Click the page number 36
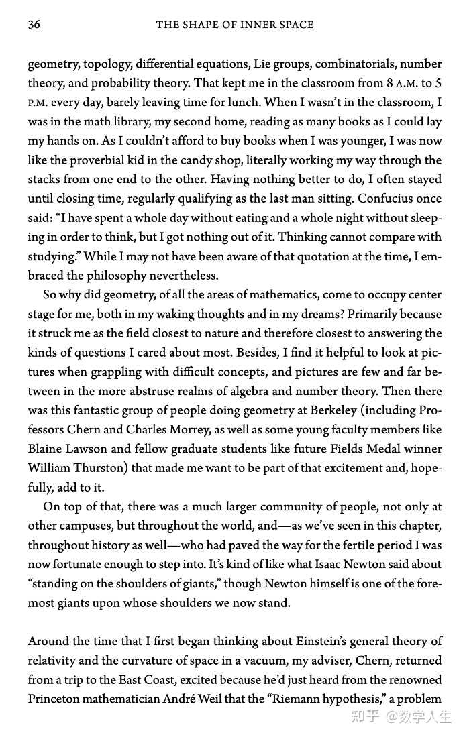[34, 25]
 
